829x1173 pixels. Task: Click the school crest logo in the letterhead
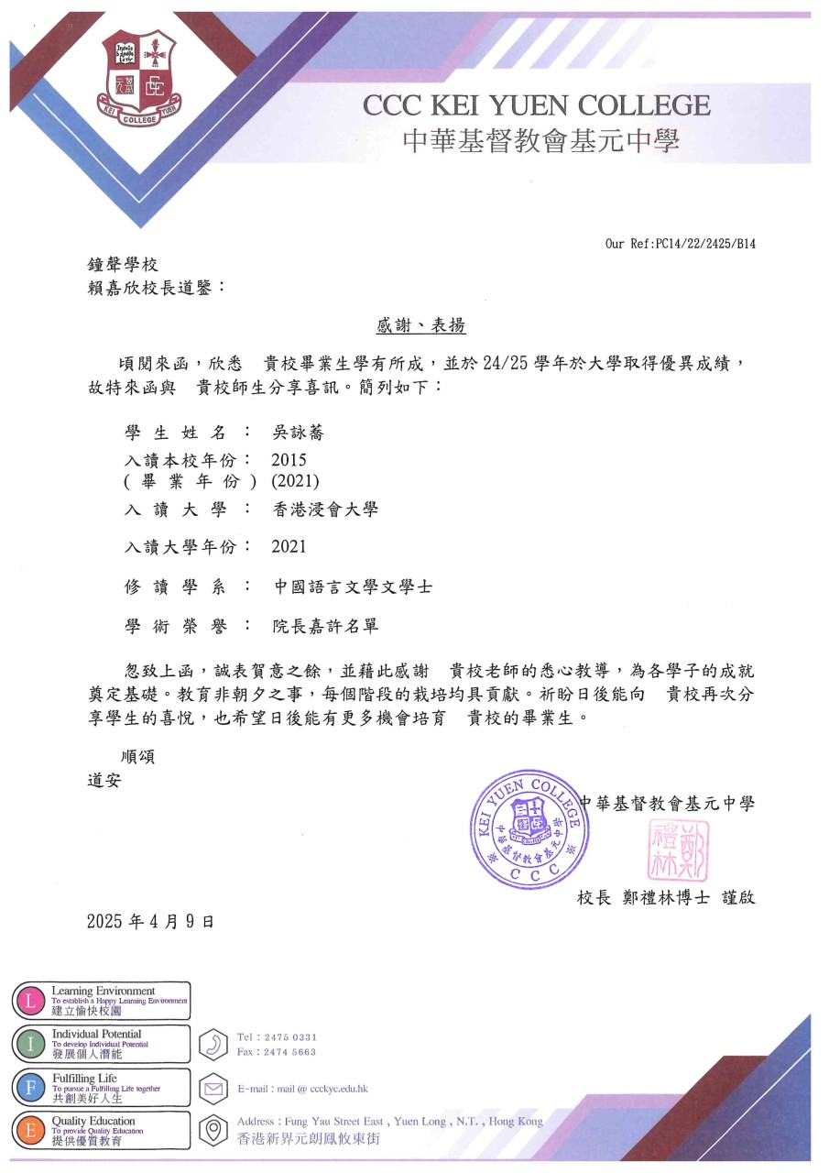137,77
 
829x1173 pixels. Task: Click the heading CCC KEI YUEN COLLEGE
537,105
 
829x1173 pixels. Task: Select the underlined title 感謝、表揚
421,325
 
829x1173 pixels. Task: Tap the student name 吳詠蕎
299,433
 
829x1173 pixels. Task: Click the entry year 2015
289,460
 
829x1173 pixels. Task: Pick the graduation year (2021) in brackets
295,481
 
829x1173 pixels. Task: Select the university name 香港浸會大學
325,510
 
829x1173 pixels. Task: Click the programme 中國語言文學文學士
353,586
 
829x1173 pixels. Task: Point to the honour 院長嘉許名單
325,627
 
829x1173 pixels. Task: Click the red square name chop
678,850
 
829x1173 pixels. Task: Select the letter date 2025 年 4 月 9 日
150,921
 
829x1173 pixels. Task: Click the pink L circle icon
30,1001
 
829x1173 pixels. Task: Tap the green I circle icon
30,1044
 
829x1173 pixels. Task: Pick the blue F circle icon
30,1087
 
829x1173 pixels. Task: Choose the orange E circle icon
30,1130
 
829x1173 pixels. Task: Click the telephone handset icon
213,1045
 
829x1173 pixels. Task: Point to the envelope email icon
213,1089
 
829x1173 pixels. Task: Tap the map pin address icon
213,1129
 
